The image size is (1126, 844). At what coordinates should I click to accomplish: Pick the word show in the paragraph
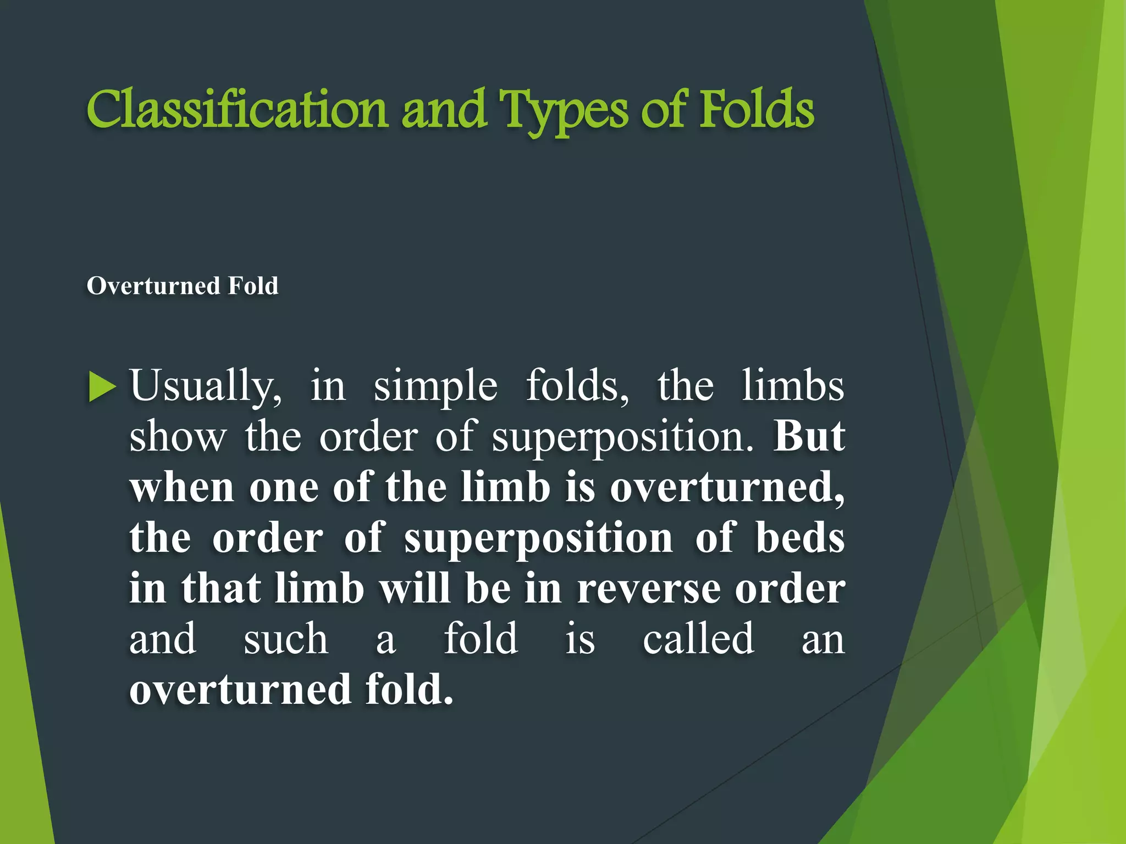(x=178, y=437)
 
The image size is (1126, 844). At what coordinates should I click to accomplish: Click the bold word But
(x=809, y=436)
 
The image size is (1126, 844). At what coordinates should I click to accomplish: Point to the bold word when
(x=182, y=487)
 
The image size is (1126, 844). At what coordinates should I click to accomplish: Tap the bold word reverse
(x=649, y=589)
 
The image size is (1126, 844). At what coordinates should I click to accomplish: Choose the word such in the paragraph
(x=286, y=639)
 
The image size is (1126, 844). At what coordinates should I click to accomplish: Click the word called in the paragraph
(x=698, y=638)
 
